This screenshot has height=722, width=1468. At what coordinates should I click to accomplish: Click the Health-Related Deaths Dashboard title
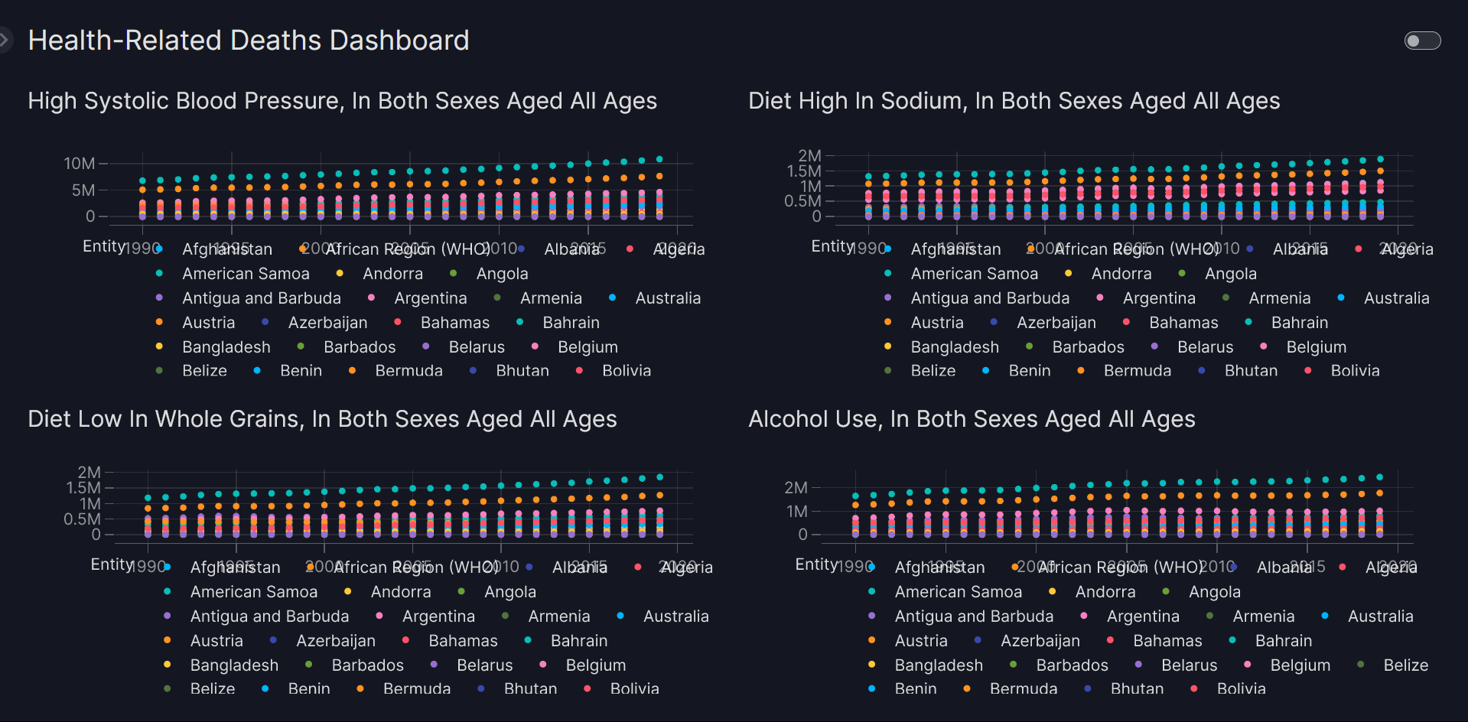(248, 41)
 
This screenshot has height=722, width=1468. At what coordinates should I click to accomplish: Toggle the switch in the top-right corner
(1422, 41)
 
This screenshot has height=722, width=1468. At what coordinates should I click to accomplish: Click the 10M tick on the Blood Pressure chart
(80, 164)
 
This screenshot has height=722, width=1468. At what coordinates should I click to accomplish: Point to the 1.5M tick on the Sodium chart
(804, 171)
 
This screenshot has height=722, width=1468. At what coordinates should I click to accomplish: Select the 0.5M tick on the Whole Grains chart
(82, 519)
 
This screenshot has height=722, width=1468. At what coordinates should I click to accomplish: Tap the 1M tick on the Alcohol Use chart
(796, 511)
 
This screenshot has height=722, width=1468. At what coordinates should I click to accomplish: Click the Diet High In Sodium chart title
(1014, 101)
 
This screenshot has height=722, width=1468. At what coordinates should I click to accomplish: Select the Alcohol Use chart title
(972, 419)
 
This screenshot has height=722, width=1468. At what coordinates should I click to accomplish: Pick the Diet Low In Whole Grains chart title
(322, 419)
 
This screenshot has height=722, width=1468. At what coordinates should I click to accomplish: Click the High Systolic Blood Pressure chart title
(342, 101)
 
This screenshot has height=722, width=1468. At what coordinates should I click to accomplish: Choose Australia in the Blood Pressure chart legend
(667, 298)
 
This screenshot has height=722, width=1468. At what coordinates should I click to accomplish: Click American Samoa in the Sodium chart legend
(974, 274)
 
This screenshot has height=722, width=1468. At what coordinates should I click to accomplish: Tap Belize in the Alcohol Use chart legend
(1405, 665)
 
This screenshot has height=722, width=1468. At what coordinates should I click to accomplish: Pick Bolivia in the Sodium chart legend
(1355, 371)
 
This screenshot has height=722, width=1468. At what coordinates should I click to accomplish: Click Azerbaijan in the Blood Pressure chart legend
(327, 323)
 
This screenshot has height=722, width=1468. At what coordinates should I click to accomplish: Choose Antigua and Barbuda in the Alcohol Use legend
(974, 616)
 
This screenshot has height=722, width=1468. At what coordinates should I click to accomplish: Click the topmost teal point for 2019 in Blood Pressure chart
(659, 159)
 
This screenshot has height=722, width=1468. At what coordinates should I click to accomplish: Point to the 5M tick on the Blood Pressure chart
(83, 190)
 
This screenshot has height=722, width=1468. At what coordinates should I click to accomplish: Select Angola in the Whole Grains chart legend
(509, 592)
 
